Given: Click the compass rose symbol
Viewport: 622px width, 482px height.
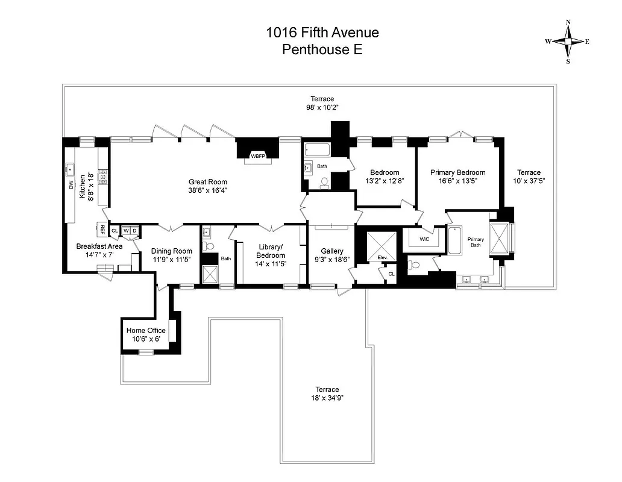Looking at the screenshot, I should coord(568,42).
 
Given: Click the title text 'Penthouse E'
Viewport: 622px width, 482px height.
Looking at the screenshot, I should coord(322,50).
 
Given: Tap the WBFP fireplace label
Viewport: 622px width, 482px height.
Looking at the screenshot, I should coord(258,156).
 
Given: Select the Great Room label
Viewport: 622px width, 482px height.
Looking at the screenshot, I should coord(208,182).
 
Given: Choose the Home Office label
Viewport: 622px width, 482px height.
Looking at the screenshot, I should coord(145,330).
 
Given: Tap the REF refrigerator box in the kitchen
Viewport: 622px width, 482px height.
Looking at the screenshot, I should coord(102,230).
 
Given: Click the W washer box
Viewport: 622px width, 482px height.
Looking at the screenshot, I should coord(126,230).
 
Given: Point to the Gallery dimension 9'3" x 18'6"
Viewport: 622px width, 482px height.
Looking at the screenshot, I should coord(331,260).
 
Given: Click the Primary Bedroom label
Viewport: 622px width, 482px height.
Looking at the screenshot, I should coord(457,172).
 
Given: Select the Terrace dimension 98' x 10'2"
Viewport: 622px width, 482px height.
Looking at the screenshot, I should coord(322,108).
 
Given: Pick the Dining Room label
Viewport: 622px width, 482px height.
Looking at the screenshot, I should coord(172,251).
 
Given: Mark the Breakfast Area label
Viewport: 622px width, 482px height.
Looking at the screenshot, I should coord(99,246).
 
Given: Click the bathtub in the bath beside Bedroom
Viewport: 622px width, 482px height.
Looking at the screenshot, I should coord(315,150).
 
